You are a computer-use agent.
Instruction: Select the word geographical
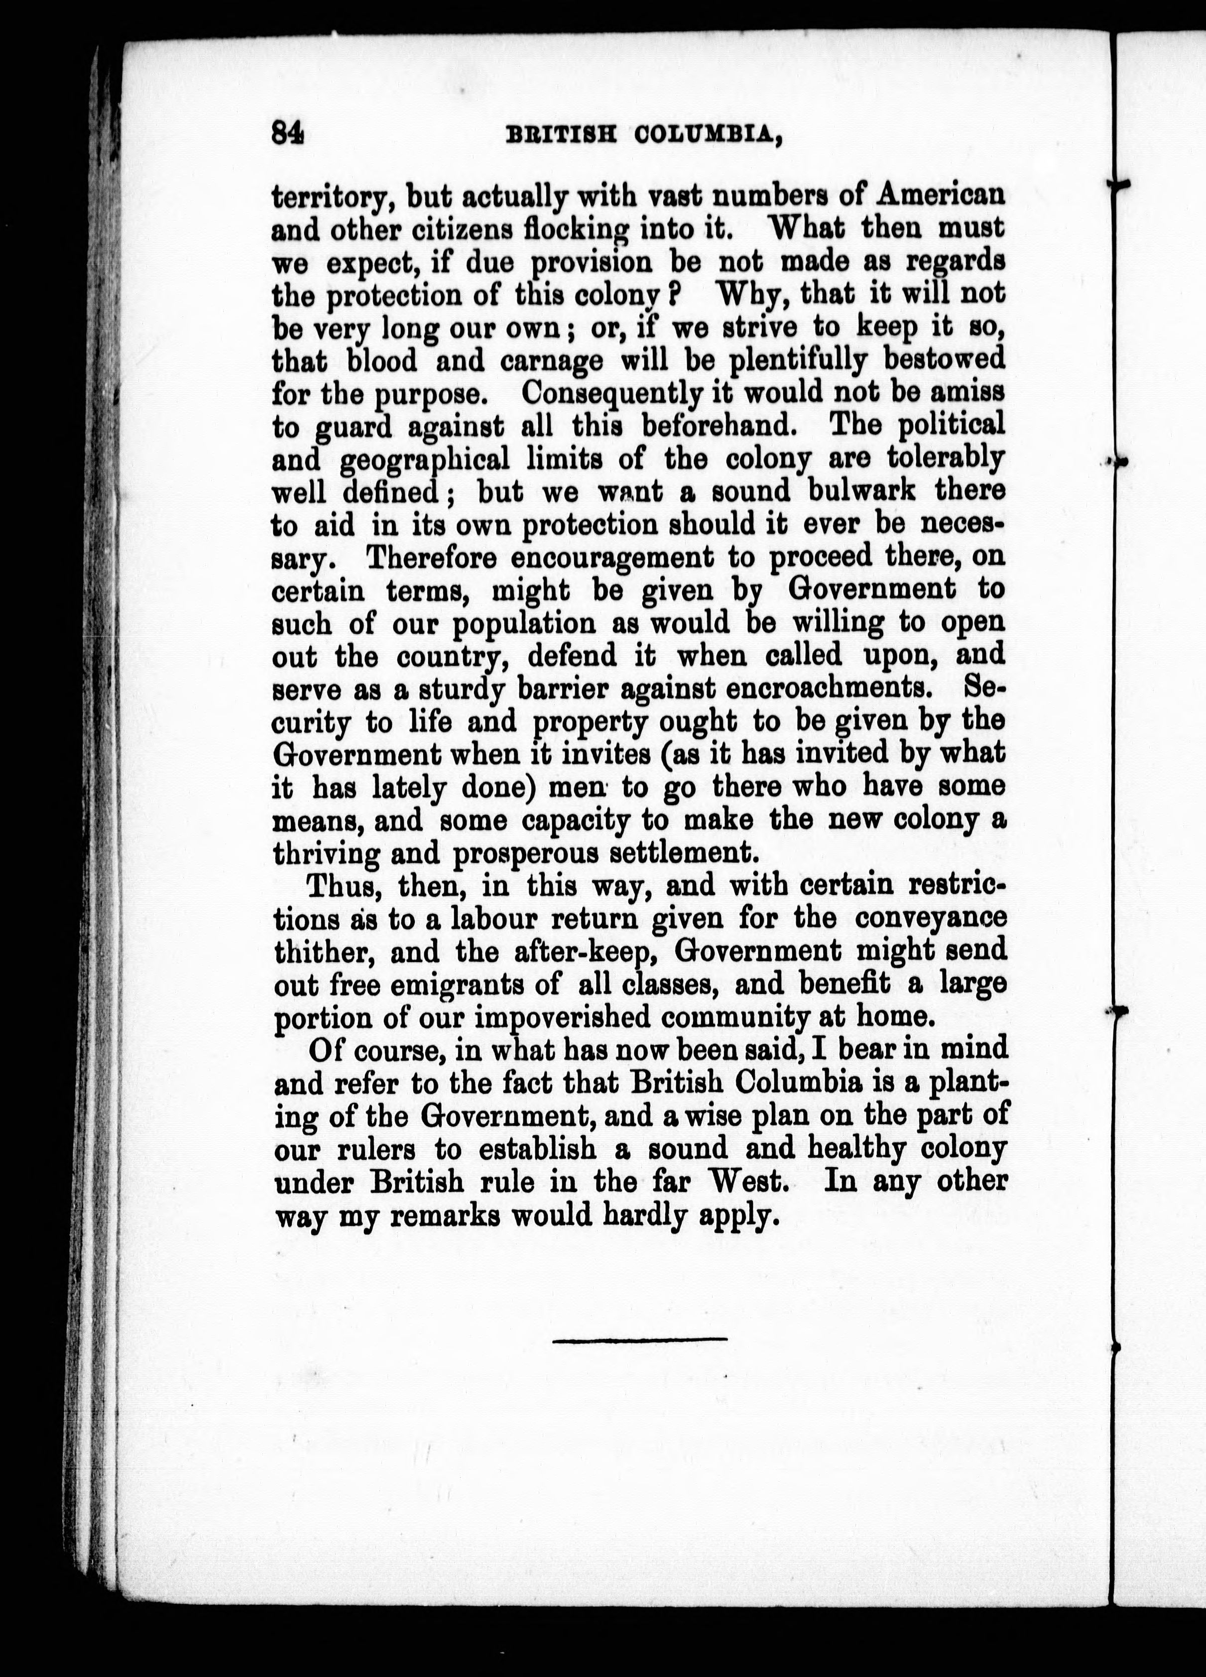pos(424,461)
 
